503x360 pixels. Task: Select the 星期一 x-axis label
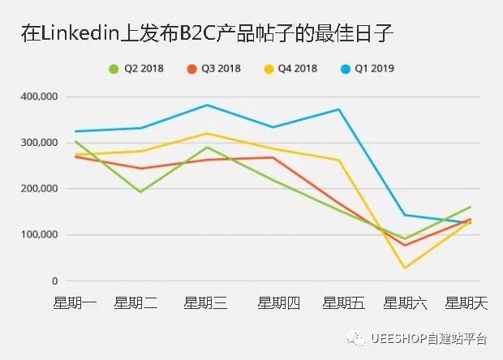click(75, 303)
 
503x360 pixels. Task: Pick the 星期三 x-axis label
click(205, 303)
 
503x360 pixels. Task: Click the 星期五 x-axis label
click(342, 303)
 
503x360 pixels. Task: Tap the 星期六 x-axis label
click(405, 303)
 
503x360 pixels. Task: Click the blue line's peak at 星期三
click(208, 105)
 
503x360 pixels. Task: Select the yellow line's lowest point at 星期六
click(404, 268)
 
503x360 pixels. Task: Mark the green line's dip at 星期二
click(140, 192)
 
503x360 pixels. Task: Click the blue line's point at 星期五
click(339, 109)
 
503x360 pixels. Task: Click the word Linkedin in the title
click(82, 33)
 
